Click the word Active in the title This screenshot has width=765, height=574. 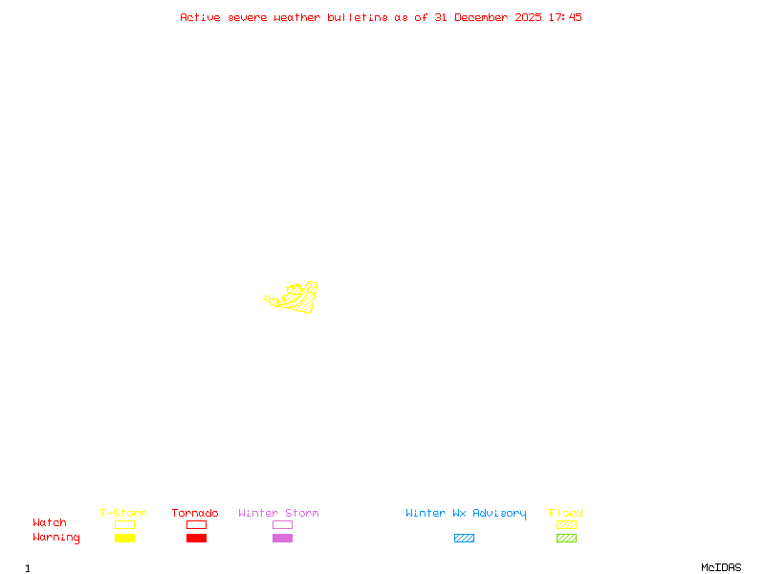click(x=201, y=17)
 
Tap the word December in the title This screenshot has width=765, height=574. click(x=485, y=17)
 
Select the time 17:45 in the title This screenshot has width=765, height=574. click(x=565, y=17)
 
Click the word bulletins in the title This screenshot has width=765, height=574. click(x=358, y=17)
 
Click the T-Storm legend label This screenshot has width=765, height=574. click(x=123, y=514)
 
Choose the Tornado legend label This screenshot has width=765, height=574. click(x=195, y=514)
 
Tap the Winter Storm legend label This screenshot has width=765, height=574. click(x=278, y=514)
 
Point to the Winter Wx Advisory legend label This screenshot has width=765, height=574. click(x=466, y=514)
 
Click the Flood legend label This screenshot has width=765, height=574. click(x=566, y=514)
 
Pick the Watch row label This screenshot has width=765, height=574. click(x=50, y=523)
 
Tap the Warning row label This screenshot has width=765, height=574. click(x=56, y=538)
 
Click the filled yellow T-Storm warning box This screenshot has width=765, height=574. click(x=124, y=539)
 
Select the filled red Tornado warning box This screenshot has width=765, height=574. click(x=196, y=539)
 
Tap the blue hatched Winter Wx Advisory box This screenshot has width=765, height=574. click(x=464, y=539)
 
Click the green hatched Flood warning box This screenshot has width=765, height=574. click(x=566, y=539)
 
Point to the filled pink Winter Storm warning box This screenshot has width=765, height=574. click(x=282, y=539)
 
